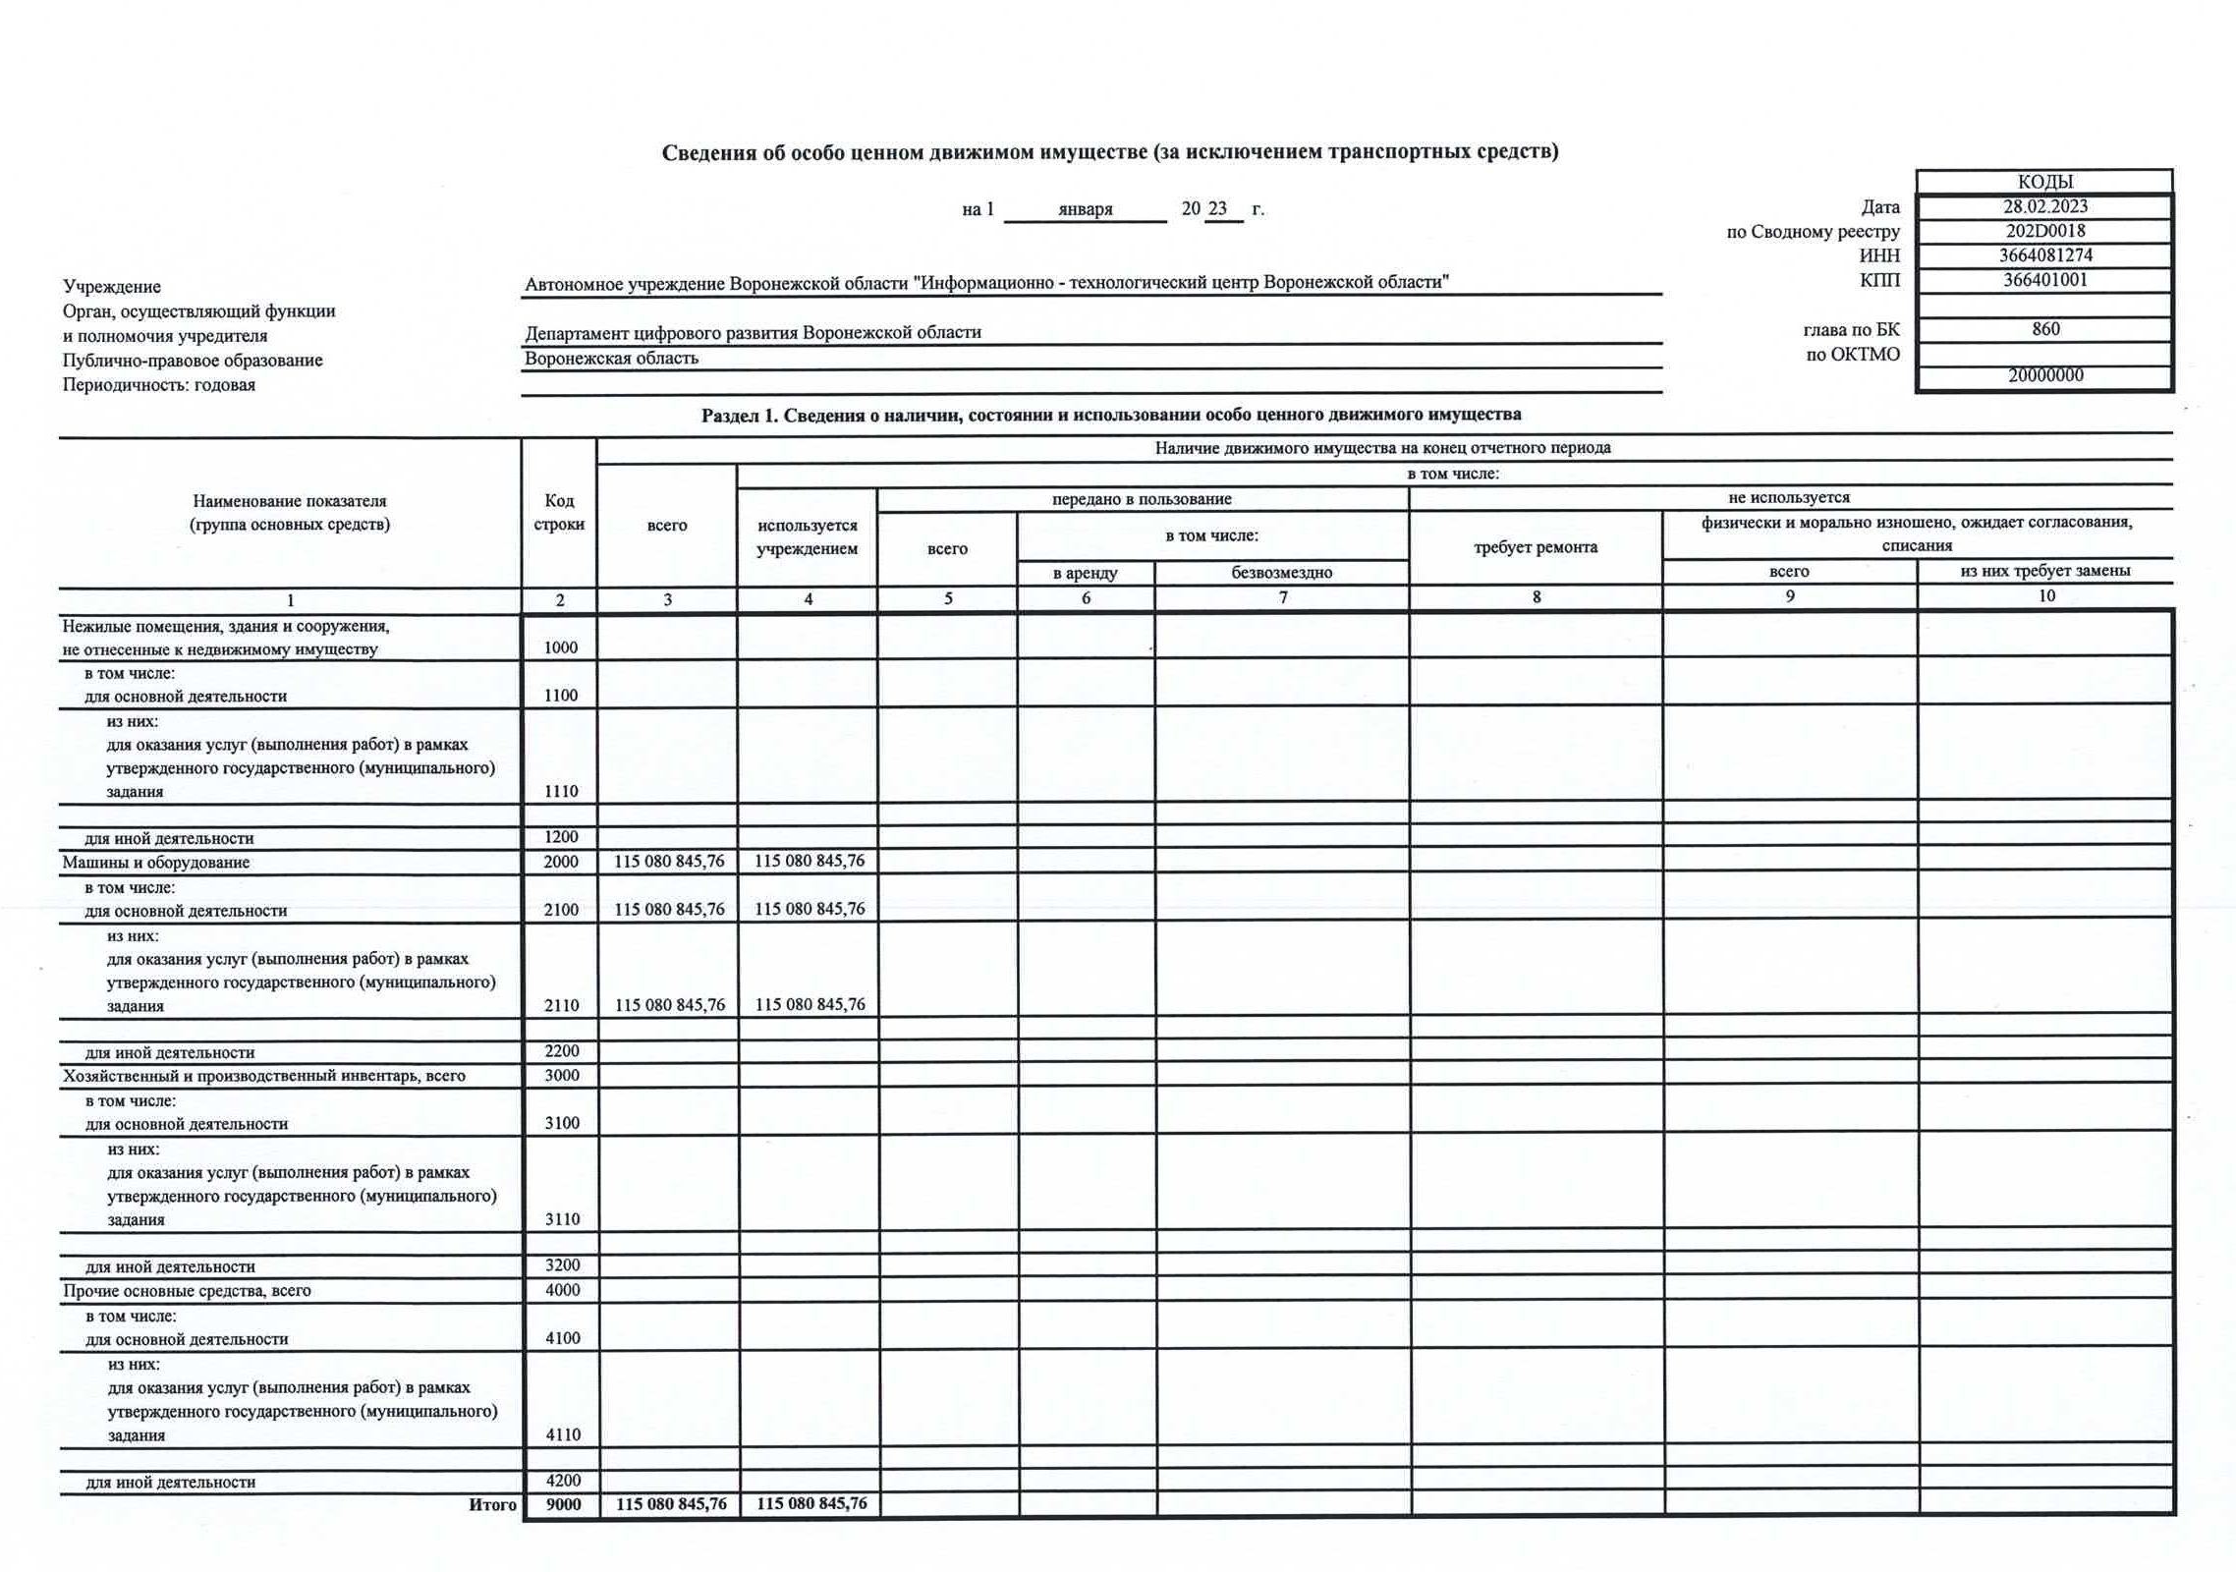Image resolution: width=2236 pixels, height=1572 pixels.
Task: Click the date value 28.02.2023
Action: click(x=2045, y=207)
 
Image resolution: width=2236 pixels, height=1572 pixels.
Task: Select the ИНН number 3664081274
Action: click(x=2045, y=255)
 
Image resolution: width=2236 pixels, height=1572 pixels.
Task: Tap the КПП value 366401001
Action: click(x=2045, y=280)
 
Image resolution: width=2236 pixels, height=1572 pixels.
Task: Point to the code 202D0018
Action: click(x=2045, y=232)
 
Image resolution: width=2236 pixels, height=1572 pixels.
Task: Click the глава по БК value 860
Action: click(x=2045, y=329)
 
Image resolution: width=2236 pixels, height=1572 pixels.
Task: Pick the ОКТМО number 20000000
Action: click(x=2045, y=375)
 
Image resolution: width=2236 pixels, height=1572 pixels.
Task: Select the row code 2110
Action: click(x=562, y=1005)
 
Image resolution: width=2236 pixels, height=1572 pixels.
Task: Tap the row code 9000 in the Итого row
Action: click(x=564, y=1504)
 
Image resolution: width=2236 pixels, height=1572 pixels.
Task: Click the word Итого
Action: click(x=492, y=1504)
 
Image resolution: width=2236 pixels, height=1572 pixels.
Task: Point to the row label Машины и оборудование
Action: click(x=156, y=863)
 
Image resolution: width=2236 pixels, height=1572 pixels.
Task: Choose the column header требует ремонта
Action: click(x=1536, y=547)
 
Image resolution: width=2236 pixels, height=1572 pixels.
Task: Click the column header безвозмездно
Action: click(x=1282, y=573)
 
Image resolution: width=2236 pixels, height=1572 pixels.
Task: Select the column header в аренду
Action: click(x=1086, y=573)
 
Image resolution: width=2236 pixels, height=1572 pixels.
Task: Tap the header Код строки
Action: click(x=559, y=513)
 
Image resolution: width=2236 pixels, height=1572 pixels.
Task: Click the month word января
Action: click(x=1086, y=209)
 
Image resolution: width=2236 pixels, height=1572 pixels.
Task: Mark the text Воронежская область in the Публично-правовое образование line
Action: click(x=611, y=359)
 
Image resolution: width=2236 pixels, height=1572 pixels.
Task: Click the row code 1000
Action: click(x=561, y=647)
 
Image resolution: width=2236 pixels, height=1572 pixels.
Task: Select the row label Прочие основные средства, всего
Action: click(x=187, y=1291)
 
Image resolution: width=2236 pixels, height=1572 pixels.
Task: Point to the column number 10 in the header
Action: click(x=2046, y=596)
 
